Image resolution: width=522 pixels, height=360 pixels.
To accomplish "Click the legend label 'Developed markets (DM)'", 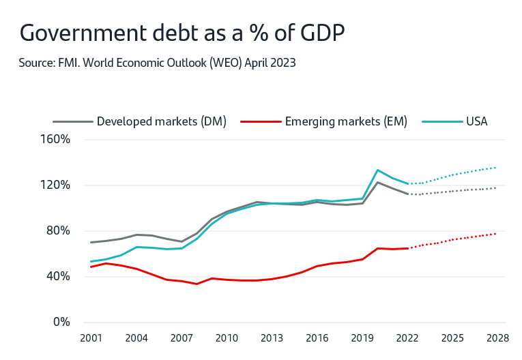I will [161, 122].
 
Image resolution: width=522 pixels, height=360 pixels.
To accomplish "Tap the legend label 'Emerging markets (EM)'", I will [346, 122].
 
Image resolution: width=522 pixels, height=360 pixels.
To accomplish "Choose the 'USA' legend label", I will [477, 122].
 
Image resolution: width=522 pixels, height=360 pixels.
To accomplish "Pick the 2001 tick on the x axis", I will [91, 337].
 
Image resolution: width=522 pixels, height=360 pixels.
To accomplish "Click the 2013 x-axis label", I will [272, 337].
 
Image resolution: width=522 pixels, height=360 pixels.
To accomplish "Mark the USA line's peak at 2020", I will [377, 170].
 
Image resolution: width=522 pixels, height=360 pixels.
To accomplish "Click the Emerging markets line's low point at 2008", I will [197, 284].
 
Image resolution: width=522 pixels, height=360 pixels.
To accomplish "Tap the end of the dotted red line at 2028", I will [497, 234].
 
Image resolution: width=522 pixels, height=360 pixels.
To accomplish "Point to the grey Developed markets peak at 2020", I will [377, 182].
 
